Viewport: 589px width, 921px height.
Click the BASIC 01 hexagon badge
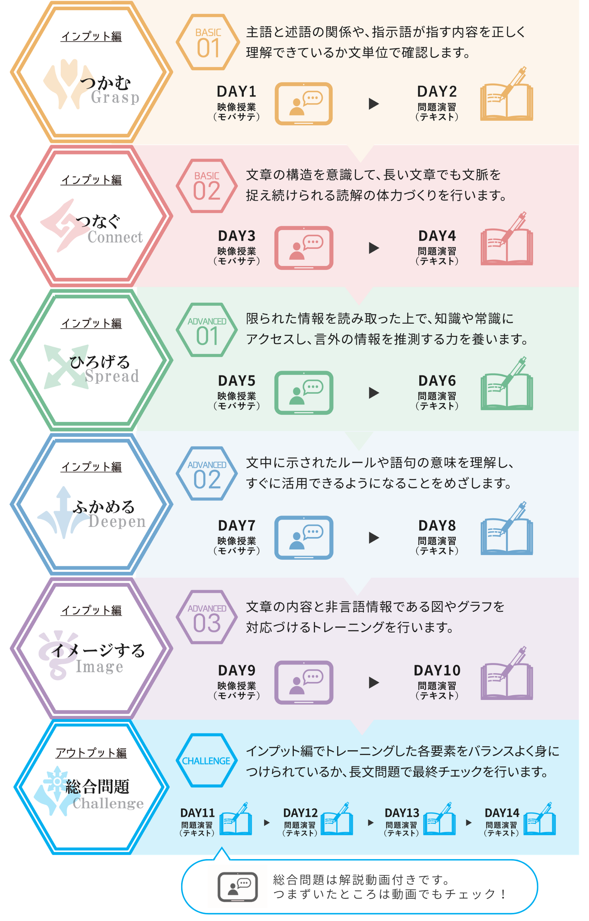coord(208,42)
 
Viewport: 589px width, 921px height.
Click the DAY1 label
coord(236,91)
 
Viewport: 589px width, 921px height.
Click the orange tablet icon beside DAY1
coord(304,104)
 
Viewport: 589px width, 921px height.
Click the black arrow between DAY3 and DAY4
coord(374,248)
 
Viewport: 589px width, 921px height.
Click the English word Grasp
coord(115,98)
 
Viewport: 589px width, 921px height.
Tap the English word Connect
coord(115,237)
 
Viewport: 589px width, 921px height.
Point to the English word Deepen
coord(117,522)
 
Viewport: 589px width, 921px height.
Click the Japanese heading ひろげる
coord(100,362)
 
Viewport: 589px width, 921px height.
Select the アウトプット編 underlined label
coord(91,753)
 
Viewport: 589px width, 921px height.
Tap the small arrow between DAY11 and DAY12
coord(267,823)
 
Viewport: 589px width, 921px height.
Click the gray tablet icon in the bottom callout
coord(237,887)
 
